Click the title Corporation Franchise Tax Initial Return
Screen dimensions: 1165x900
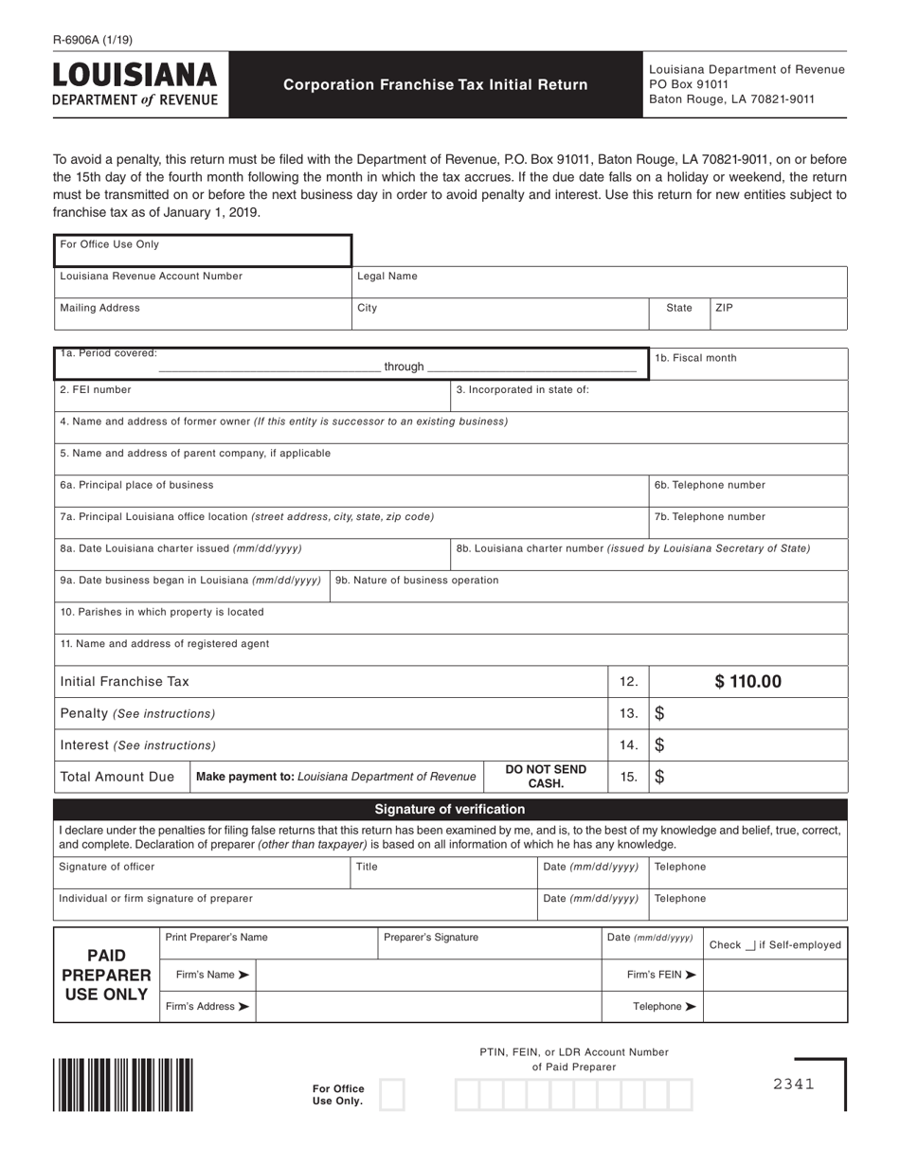coord(436,84)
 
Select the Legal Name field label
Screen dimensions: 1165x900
coord(387,277)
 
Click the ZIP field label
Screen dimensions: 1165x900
coord(725,308)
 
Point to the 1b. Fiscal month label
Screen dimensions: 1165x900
coord(695,358)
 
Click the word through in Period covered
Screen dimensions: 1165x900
coord(404,367)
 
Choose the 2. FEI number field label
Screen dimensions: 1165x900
coord(96,389)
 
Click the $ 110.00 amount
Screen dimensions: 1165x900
coord(747,681)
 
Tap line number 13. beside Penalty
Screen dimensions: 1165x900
coord(628,713)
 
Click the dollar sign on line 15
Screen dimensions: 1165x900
coord(659,777)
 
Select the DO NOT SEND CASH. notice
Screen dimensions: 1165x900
coord(546,777)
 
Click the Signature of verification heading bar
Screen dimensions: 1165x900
coord(450,809)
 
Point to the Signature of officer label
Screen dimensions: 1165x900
coord(106,867)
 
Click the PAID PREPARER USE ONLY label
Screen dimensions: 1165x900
coord(106,975)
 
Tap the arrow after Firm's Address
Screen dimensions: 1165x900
coord(243,1007)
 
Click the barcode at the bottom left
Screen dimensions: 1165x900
coord(123,1084)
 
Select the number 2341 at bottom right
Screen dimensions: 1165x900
coord(793,1084)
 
